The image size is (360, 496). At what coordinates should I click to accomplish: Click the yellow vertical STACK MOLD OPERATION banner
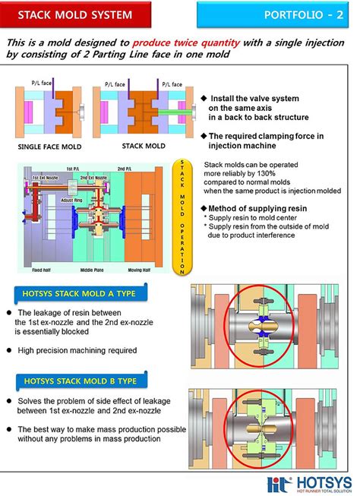(x=182, y=216)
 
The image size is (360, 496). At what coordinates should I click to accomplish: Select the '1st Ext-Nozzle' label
(x=45, y=176)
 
